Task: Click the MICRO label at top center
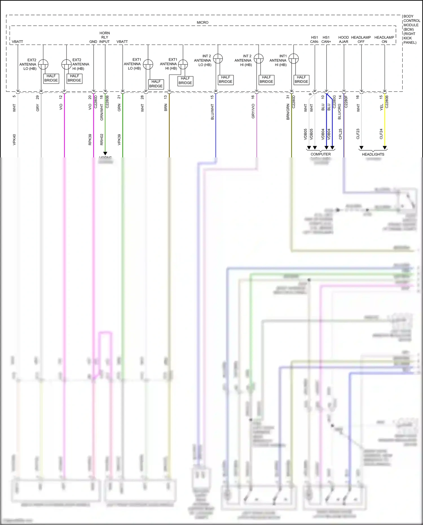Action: (202, 22)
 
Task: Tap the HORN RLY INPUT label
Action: (105, 37)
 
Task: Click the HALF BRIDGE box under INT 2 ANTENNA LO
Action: (226, 79)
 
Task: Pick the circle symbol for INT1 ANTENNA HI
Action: (294, 59)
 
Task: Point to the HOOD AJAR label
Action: (343, 39)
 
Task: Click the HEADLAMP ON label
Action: (384, 39)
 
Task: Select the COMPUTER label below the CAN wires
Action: (321, 154)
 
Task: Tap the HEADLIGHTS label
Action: (373, 154)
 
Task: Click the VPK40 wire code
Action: (14, 140)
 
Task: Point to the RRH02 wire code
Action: (102, 139)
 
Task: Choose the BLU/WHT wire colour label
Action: (212, 112)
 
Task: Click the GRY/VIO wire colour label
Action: (253, 111)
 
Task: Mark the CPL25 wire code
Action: (340, 134)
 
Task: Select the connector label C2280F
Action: (346, 102)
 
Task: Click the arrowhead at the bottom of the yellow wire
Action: (385, 148)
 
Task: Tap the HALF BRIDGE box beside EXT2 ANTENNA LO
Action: (51, 78)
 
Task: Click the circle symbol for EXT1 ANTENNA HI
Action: (183, 64)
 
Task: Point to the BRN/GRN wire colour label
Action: (288, 112)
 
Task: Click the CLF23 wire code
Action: (358, 134)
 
